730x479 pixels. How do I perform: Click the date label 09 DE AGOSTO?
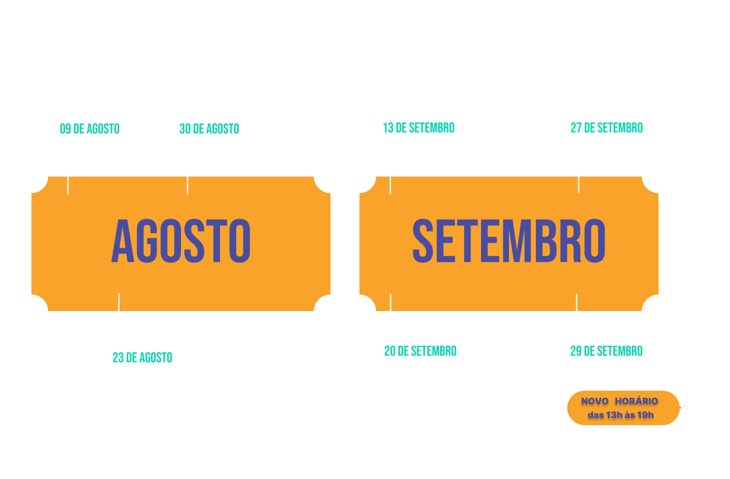click(90, 129)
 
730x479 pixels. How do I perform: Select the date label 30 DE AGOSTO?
click(209, 129)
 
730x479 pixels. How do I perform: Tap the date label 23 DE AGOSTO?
click(142, 358)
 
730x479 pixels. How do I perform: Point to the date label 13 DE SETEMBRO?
click(418, 128)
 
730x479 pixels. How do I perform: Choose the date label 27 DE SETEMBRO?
click(606, 128)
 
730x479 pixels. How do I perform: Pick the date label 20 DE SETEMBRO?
click(420, 351)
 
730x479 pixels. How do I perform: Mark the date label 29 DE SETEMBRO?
click(606, 351)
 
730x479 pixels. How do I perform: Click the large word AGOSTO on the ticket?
click(181, 241)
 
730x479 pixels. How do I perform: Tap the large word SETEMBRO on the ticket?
click(509, 241)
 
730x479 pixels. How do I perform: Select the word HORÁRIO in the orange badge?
click(637, 401)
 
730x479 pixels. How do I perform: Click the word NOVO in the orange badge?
click(595, 401)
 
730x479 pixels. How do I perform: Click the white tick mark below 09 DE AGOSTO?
click(68, 186)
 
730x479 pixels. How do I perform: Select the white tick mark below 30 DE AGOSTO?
click(188, 186)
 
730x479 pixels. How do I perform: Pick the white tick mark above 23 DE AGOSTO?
click(119, 302)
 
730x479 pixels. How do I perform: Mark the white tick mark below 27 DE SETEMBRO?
click(579, 185)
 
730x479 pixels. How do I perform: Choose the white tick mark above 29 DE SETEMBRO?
click(577, 302)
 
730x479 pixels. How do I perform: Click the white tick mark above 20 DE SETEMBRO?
click(390, 302)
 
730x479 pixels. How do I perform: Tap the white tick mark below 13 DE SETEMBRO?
click(390, 185)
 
